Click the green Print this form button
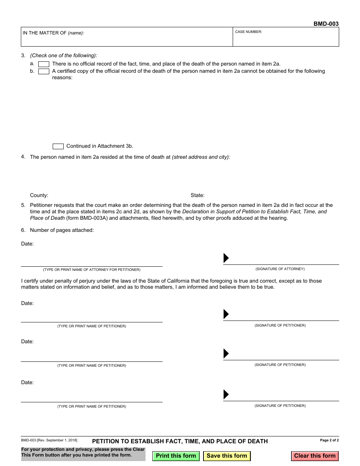click(x=176, y=456)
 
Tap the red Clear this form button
click(x=315, y=456)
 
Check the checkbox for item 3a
click(x=44, y=64)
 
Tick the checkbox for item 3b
click(x=44, y=71)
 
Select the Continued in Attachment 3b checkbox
click(x=58, y=146)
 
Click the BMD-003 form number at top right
click(x=326, y=24)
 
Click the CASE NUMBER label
click(x=249, y=32)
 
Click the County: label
click(x=39, y=195)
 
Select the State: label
click(x=197, y=195)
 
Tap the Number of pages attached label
click(x=62, y=230)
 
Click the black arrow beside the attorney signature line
click(x=226, y=258)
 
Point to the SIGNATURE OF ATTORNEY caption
click(x=280, y=269)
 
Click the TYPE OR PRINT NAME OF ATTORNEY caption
click(x=91, y=270)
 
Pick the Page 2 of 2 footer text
click(x=329, y=440)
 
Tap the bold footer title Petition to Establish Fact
click(x=180, y=441)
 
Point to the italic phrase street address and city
click(x=201, y=157)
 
